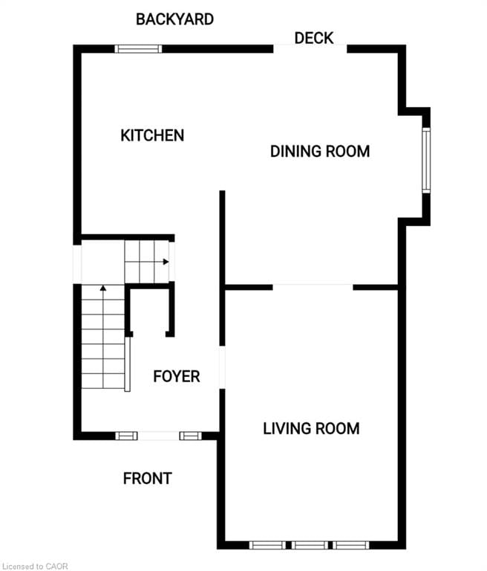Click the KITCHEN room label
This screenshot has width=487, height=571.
tap(152, 135)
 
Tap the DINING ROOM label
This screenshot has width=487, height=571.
tap(319, 152)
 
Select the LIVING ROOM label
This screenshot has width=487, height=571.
tap(311, 428)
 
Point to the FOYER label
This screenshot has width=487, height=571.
tap(176, 376)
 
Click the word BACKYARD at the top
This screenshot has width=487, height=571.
tap(174, 19)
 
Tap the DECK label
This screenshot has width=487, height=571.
tap(313, 38)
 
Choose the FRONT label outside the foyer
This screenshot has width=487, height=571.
tap(147, 479)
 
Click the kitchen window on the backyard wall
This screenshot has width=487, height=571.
tap(138, 49)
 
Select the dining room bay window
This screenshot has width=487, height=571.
tap(426, 160)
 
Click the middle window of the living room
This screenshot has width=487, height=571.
tap(310, 545)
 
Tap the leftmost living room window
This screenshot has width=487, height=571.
tap(267, 545)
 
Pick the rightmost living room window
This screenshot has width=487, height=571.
tap(350, 545)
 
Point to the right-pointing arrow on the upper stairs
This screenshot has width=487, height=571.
tap(166, 262)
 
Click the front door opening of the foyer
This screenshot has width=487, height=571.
tap(159, 436)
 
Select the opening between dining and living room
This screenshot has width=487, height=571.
tap(313, 286)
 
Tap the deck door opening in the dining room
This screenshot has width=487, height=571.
tap(310, 49)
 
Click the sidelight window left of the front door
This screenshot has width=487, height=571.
tap(126, 436)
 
